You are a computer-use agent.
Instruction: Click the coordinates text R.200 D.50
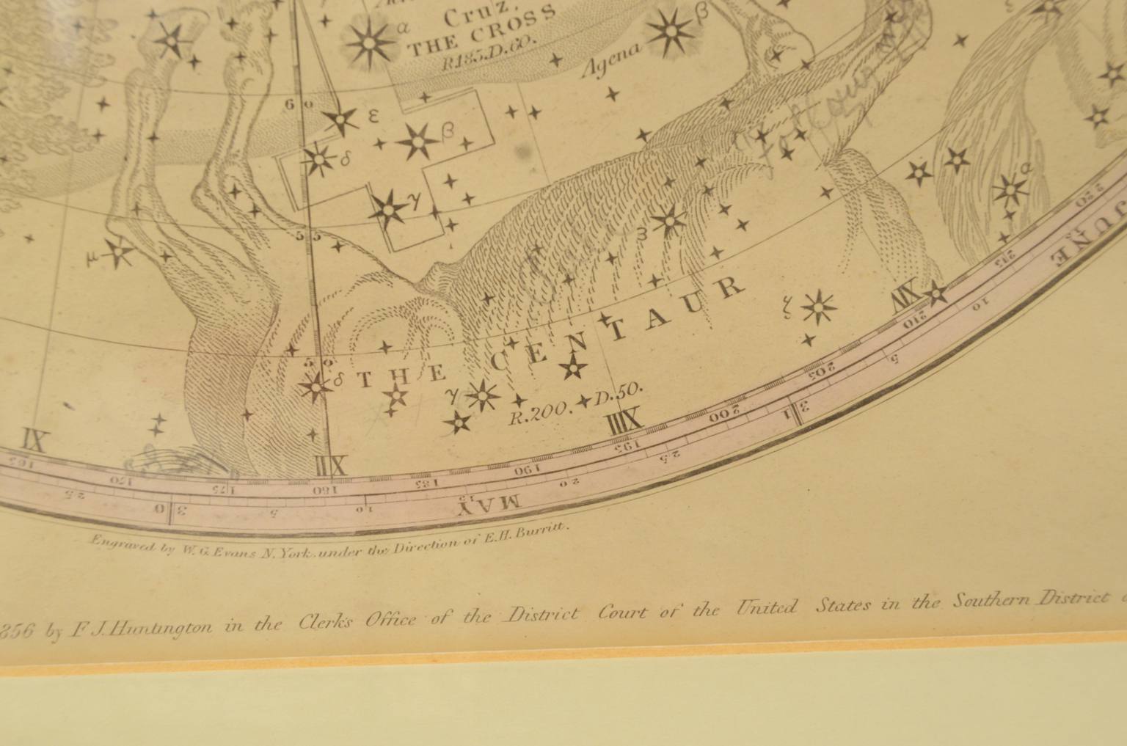576,406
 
